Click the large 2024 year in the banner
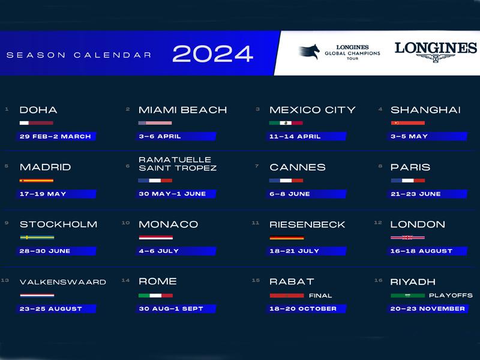coord(213,53)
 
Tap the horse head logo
coord(309,52)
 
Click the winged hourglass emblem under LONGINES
coord(436,58)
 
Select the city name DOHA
coord(38,110)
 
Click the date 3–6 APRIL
coord(160,136)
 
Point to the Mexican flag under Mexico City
coord(286,123)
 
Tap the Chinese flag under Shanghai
coord(408,123)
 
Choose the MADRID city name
coord(46,167)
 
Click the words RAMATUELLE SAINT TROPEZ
coord(178,164)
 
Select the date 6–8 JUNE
coord(290,194)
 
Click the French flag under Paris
coord(408,181)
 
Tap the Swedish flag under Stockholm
coord(37,237)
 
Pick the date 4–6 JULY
coord(158,251)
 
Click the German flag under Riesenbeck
coord(287,238)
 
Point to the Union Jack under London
coord(408,237)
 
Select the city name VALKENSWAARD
coord(63,282)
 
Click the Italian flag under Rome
coord(155,295)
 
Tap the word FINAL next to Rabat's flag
coord(320,295)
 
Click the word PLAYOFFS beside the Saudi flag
coord(451,295)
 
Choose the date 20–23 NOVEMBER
coord(428,308)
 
